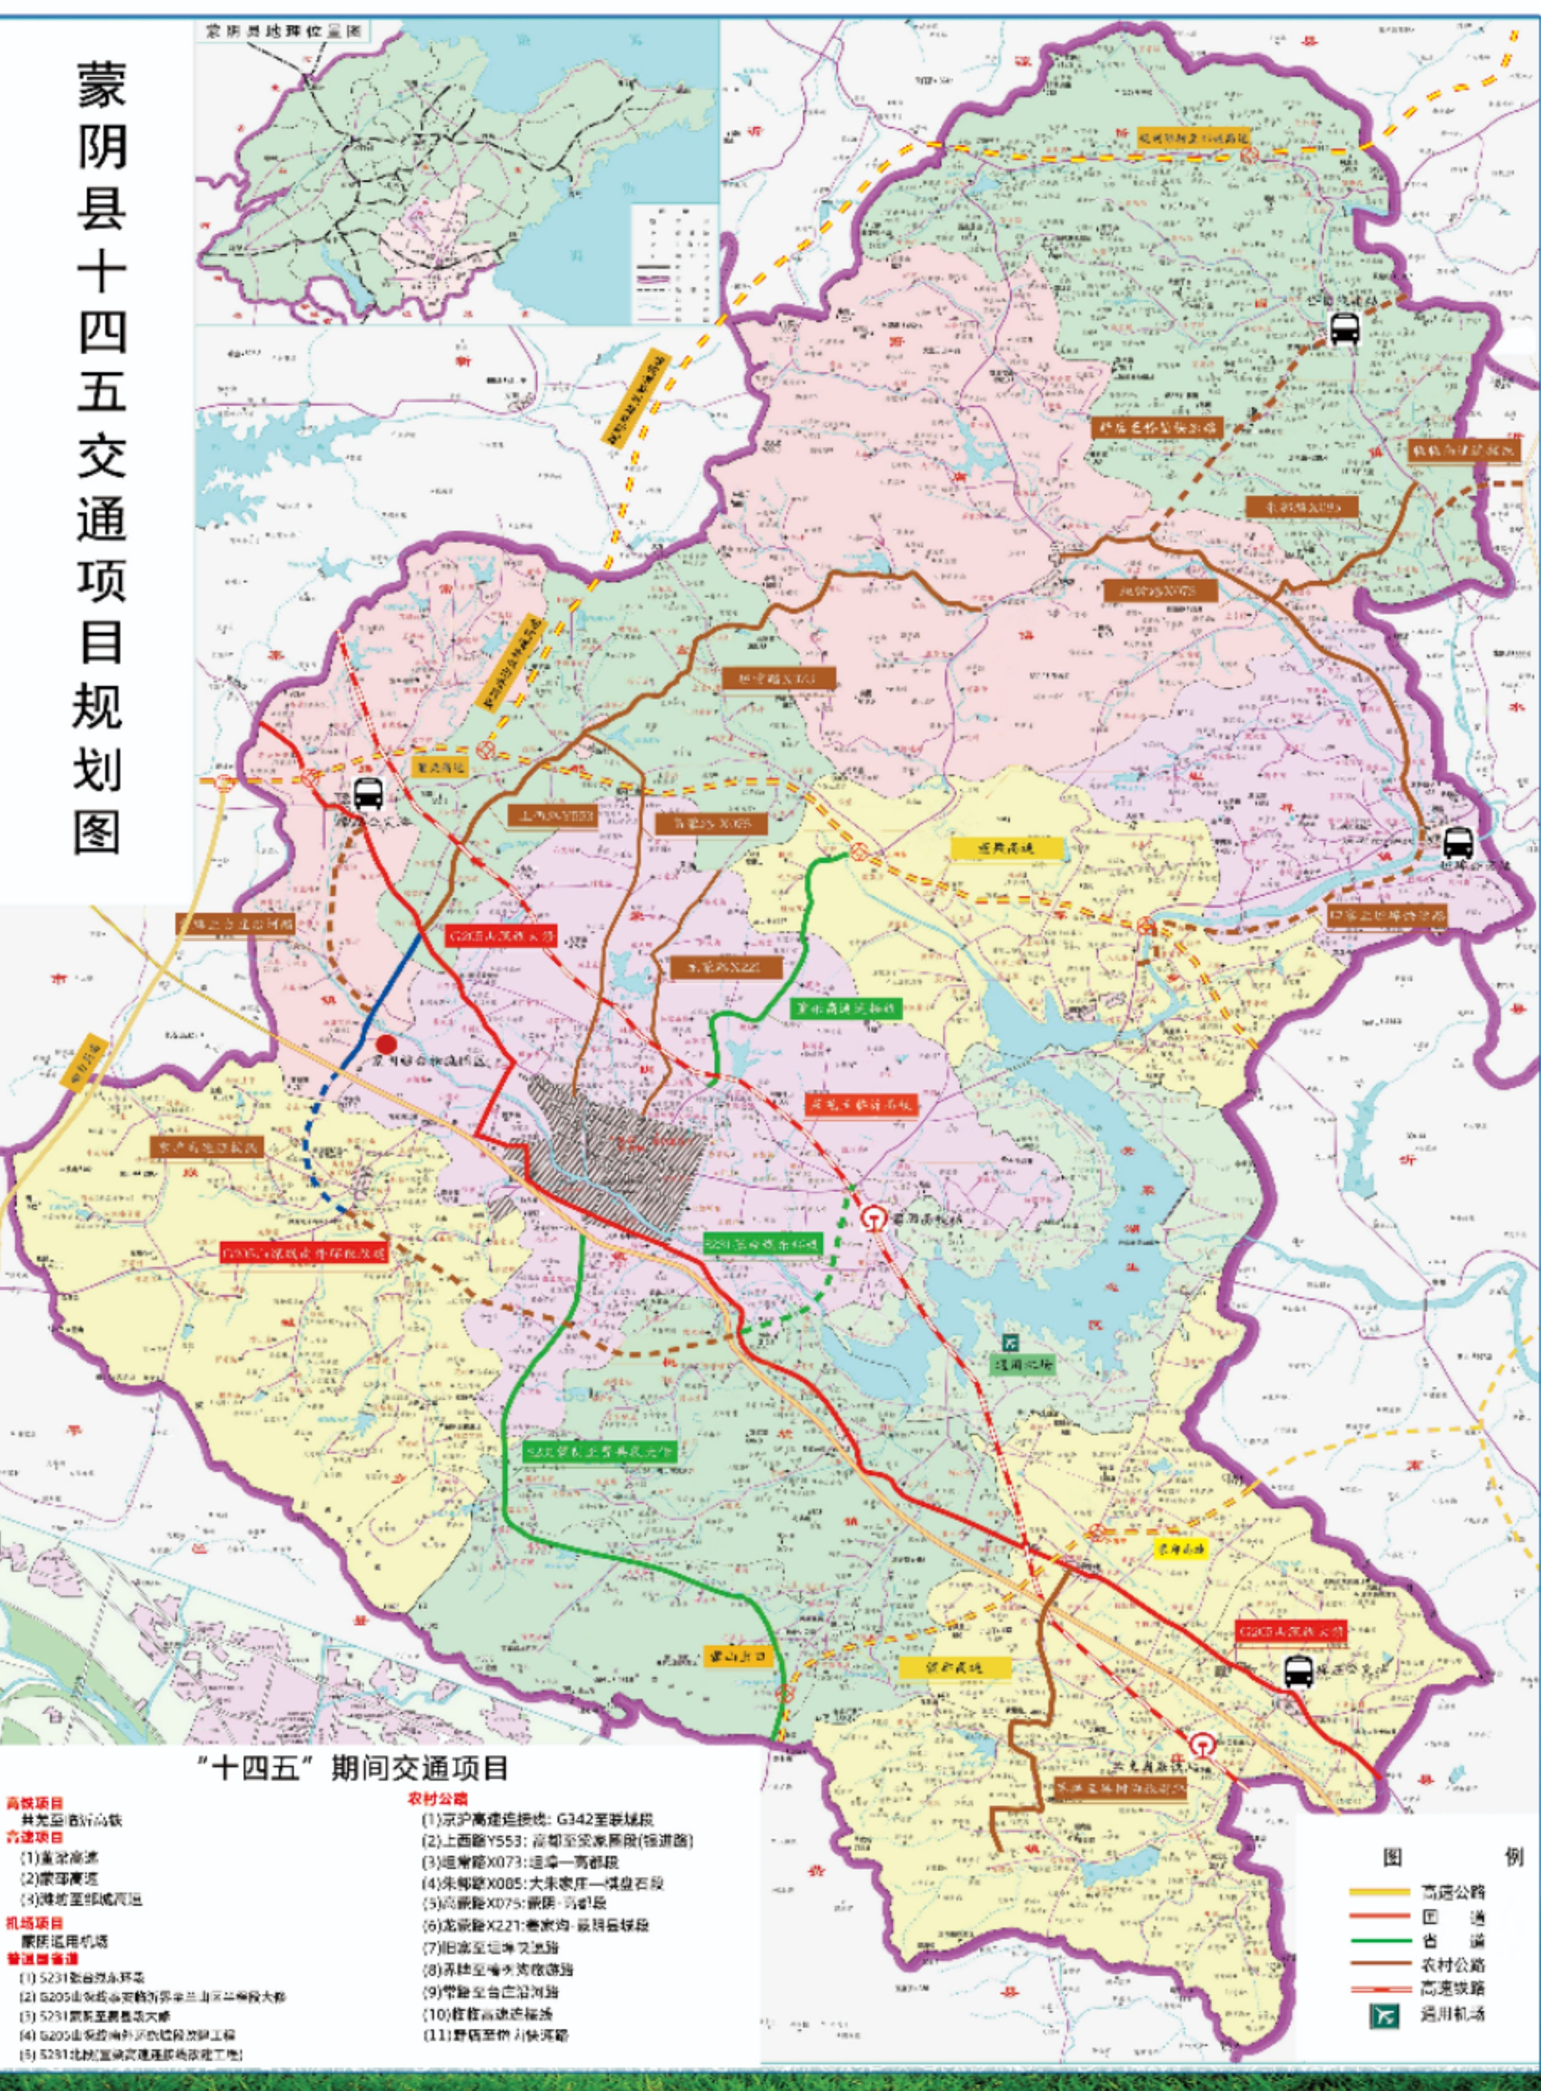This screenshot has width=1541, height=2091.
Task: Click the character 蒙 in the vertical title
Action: click(x=101, y=84)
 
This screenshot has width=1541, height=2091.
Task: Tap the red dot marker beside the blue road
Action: click(x=385, y=1044)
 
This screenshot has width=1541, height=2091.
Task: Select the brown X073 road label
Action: click(x=778, y=678)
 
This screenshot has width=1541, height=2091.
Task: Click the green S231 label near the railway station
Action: click(x=762, y=1243)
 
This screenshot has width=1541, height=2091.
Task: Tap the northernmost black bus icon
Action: click(x=1344, y=328)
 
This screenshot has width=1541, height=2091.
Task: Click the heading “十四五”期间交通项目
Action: click(x=354, y=1768)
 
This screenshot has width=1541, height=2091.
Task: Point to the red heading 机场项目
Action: click(x=34, y=1923)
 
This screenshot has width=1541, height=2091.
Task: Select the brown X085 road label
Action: click(x=711, y=823)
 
